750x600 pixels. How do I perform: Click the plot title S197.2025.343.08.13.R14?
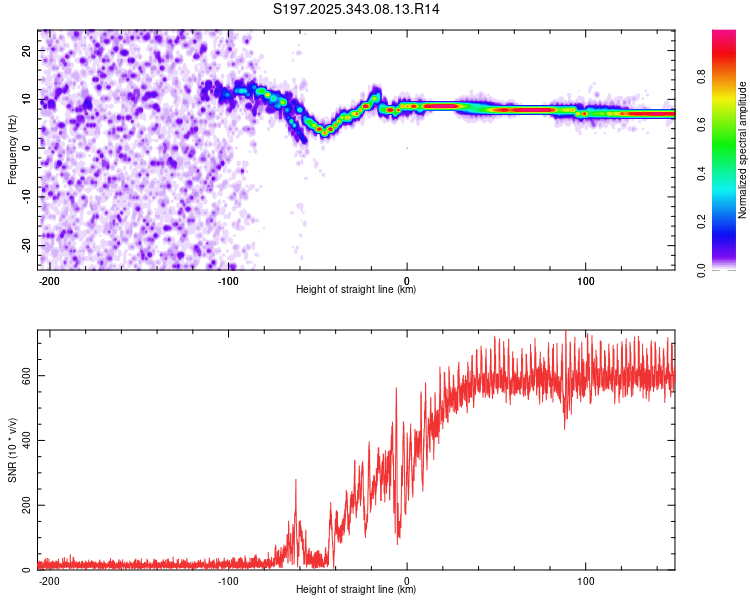click(x=357, y=9)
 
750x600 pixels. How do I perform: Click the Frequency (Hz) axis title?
click(x=13, y=149)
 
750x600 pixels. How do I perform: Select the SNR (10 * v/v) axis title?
click(x=13, y=450)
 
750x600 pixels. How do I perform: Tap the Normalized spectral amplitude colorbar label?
click(x=743, y=149)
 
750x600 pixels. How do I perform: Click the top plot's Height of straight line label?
click(x=356, y=290)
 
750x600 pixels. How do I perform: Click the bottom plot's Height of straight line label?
click(x=356, y=590)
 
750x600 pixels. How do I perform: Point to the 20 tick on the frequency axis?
click(x=27, y=50)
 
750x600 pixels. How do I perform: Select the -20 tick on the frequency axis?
click(x=25, y=245)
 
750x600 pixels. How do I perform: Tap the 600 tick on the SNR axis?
click(x=23, y=375)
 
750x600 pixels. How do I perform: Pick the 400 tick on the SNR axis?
click(x=23, y=440)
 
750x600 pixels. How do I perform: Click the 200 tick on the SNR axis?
click(x=23, y=505)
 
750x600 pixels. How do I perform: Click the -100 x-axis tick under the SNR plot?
click(x=227, y=580)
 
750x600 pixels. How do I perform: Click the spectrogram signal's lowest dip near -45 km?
click(x=325, y=131)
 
